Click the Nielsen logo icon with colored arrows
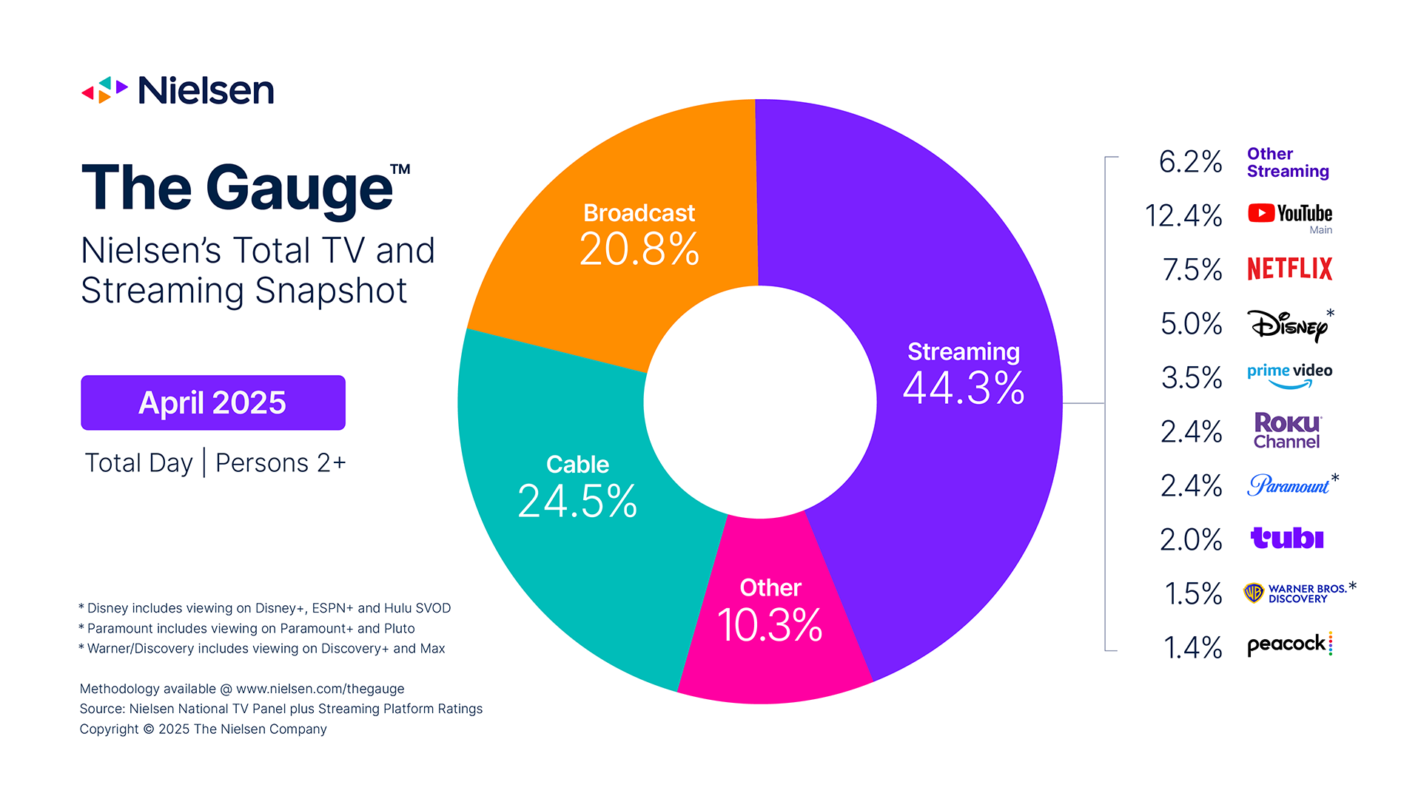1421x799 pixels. click(104, 90)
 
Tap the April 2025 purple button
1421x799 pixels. click(213, 402)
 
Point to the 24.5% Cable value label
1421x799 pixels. click(577, 502)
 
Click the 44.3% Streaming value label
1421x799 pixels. click(964, 388)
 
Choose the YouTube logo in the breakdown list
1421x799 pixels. click(1289, 214)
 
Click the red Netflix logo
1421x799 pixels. click(1289, 269)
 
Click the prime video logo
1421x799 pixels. click(1289, 374)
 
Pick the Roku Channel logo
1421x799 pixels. click(1287, 431)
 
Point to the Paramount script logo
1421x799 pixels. click(1289, 485)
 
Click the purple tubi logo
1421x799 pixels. click(1287, 538)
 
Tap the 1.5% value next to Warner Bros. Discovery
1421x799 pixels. click(1192, 593)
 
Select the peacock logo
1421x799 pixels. click(1289, 644)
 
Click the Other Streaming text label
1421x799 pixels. click(1288, 163)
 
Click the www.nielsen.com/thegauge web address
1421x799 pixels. click(320, 689)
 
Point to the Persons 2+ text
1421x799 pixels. click(280, 463)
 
